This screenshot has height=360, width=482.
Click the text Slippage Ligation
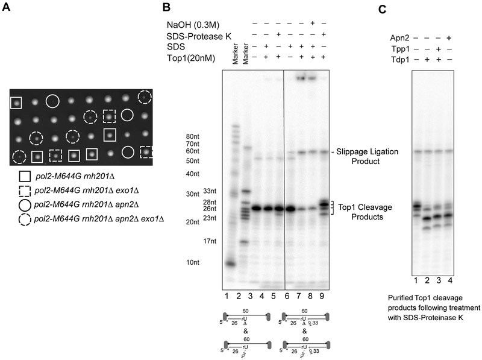coord(368,151)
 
